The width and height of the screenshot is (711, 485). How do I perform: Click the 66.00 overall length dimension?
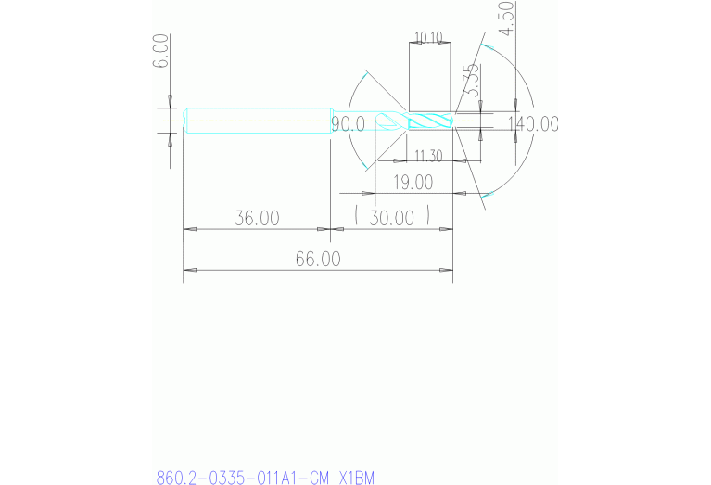point(317,260)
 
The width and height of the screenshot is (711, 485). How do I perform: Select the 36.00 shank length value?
point(257,219)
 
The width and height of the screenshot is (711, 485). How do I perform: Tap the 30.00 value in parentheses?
point(391,219)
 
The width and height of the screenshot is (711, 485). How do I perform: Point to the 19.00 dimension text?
point(413,183)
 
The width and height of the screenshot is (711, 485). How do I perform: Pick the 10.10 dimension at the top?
point(428,38)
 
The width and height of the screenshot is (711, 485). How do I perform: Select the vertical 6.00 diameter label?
point(161,50)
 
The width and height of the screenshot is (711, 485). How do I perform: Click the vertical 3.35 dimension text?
point(471,81)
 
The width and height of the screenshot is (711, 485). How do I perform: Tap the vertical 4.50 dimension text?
point(505,18)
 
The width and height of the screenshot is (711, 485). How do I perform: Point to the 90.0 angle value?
point(348,124)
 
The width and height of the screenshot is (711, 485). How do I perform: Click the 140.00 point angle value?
point(533,124)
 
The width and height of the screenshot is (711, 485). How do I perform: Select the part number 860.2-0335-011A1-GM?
point(242,478)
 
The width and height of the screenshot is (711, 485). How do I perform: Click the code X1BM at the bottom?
point(356,478)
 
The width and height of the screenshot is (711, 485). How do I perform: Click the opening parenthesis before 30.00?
point(356,218)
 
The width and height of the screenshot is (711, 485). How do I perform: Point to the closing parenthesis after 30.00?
point(427,218)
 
